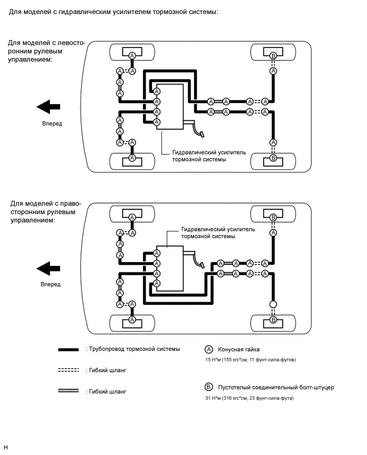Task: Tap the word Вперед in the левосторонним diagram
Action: coord(52,124)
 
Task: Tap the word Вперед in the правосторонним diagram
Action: coord(51,285)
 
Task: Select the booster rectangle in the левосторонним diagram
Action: coord(172,106)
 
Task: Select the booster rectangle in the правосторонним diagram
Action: coord(169,269)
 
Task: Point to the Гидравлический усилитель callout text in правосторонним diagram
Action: coord(218,233)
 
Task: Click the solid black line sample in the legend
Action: coord(69,349)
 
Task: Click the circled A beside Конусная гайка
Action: coord(209,349)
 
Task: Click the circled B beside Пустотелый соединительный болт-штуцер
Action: coord(209,388)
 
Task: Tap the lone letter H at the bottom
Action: coord(6,447)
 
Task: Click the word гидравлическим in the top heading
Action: coord(83,11)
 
